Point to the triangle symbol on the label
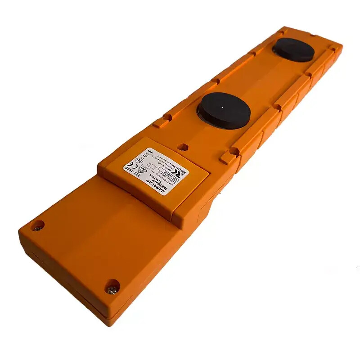coord(142,170)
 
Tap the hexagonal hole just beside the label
coord(183,147)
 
